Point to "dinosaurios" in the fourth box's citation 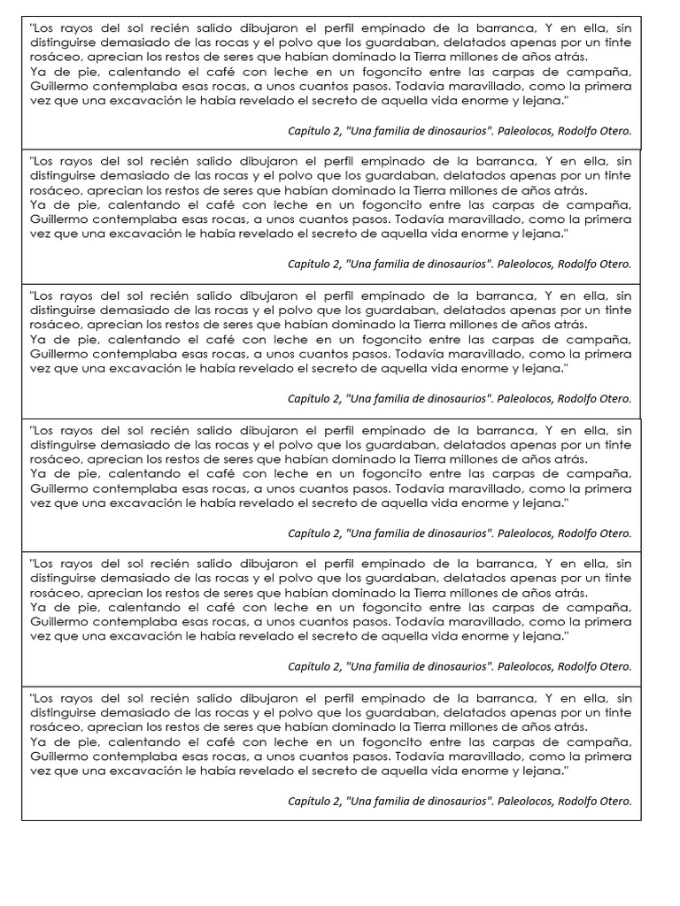click(x=456, y=534)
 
